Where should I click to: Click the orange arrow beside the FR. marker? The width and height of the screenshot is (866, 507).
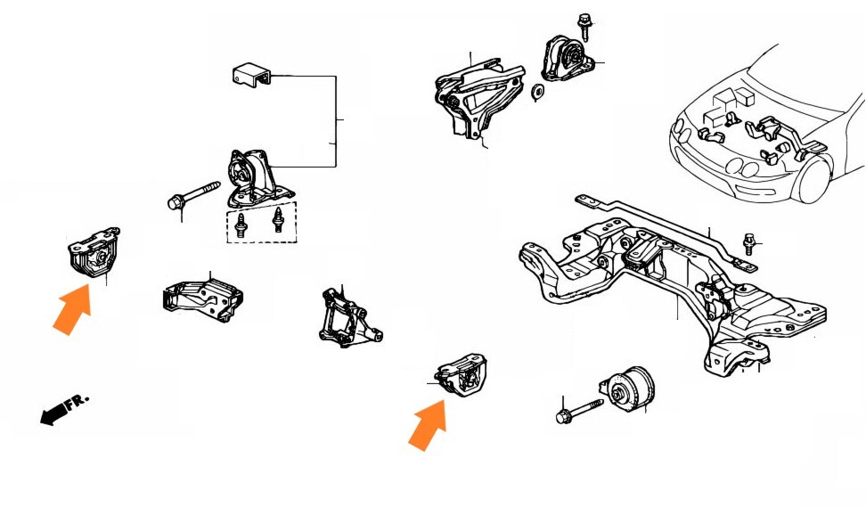(73, 310)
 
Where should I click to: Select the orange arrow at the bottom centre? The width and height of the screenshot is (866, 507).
(428, 426)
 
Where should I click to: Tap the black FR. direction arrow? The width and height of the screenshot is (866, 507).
(53, 413)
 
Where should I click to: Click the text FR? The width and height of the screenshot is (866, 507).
(78, 401)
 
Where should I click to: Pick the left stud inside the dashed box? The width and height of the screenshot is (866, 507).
(241, 225)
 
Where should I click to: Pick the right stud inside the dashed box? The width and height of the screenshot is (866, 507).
(278, 220)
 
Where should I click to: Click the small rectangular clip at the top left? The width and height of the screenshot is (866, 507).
(251, 75)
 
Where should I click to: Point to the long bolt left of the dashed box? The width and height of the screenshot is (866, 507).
(193, 196)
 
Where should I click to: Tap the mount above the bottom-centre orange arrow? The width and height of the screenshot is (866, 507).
(461, 374)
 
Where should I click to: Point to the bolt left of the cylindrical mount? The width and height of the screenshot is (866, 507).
(579, 411)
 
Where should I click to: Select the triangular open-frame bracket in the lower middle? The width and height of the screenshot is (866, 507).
(349, 318)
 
